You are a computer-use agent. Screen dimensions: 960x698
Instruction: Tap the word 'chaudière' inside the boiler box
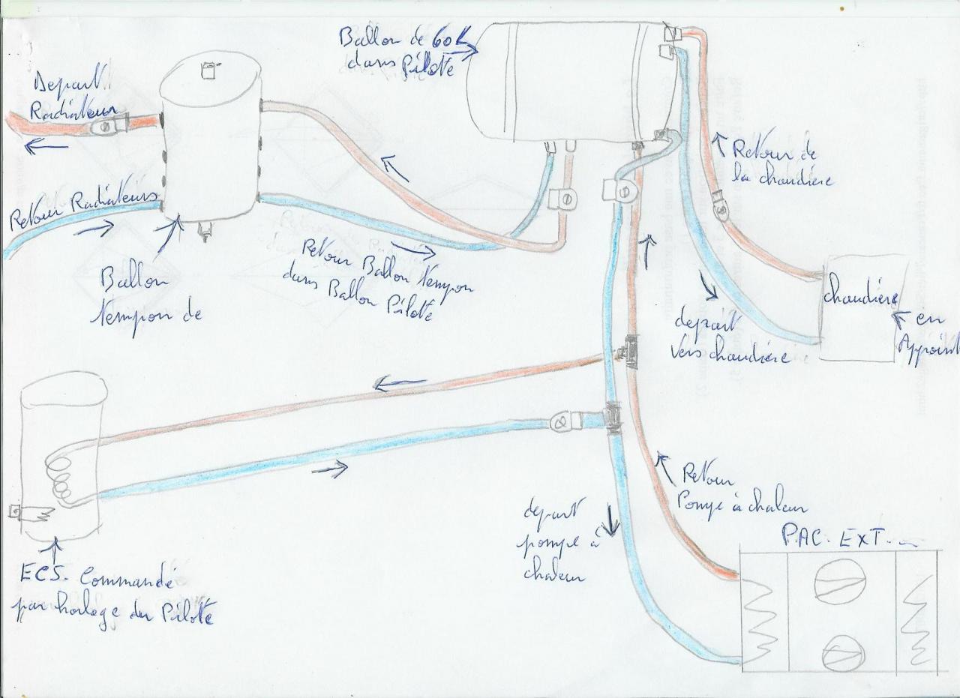[860, 297]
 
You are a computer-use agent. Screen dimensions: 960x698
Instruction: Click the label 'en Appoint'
[927, 337]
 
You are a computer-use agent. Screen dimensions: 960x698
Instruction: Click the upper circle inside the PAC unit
[839, 583]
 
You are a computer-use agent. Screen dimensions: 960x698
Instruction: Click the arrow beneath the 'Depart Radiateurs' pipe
[42, 147]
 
